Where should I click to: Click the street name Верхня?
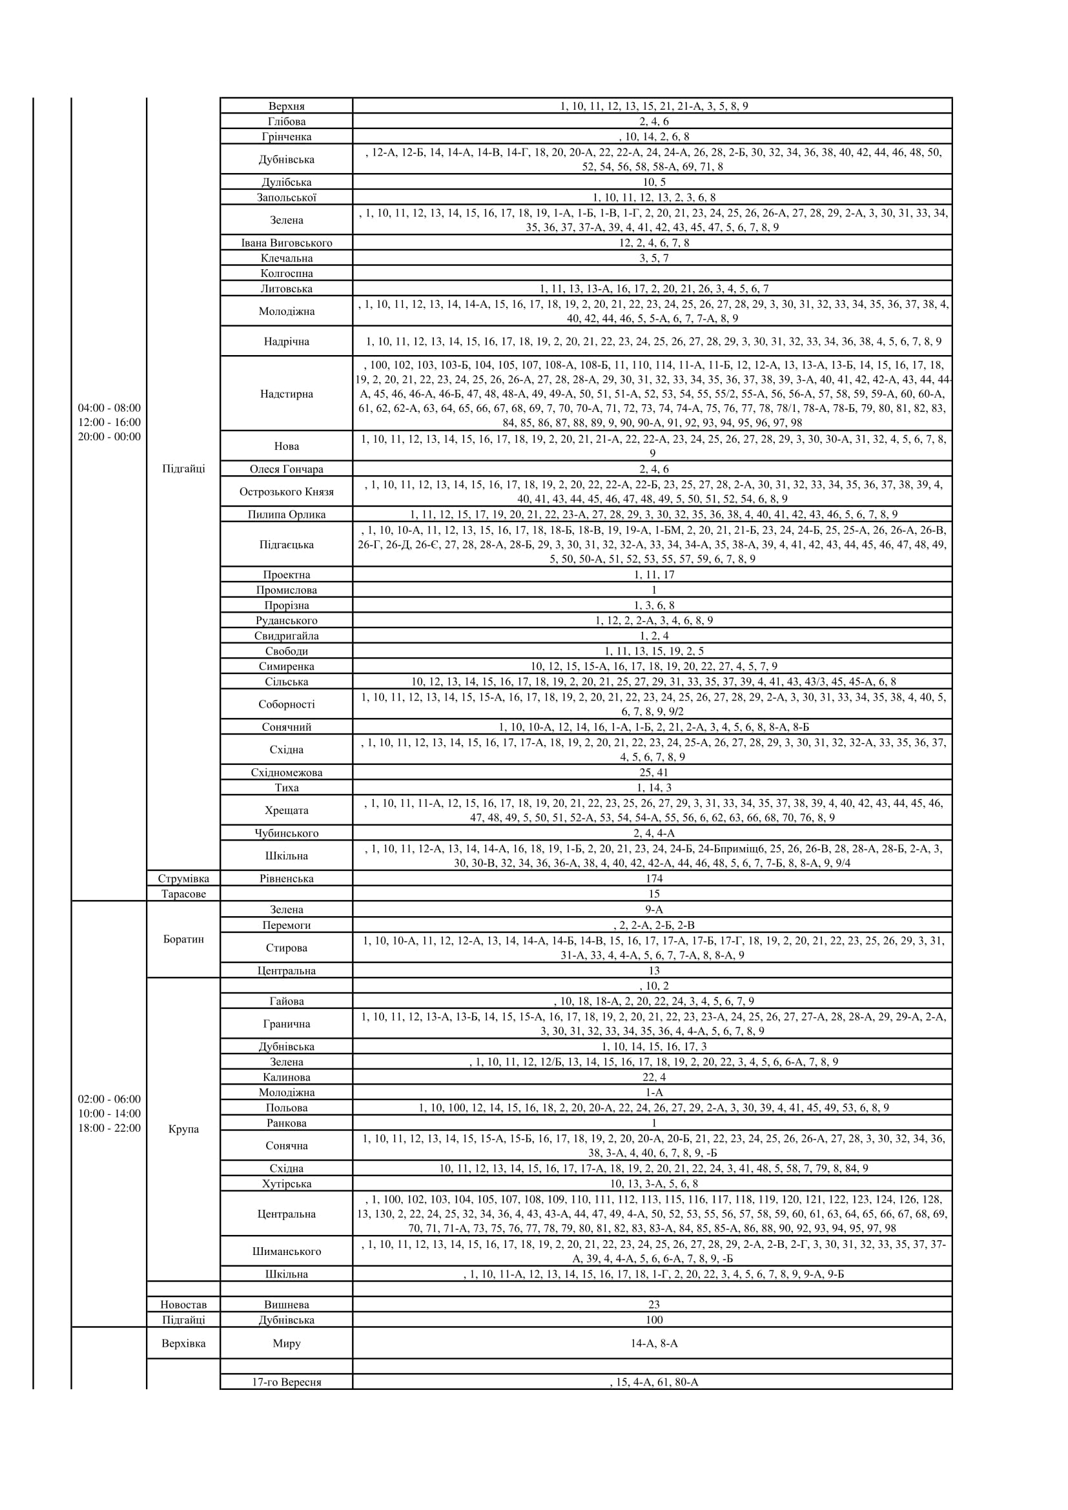(286, 106)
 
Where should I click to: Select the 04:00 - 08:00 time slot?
(109, 408)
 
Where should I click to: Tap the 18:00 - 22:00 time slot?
(109, 1128)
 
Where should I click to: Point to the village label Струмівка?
(183, 879)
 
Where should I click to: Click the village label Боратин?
(183, 939)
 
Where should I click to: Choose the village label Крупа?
(183, 1129)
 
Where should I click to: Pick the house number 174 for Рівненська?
(653, 879)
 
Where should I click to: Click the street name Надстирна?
(286, 394)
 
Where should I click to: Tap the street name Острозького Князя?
(286, 492)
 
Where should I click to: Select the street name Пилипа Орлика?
(286, 515)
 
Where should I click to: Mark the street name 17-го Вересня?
(286, 1382)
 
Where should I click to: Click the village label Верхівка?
(183, 1343)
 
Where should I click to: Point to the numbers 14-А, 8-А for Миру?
(653, 1343)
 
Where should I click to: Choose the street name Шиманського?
(286, 1251)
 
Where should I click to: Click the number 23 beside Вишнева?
(653, 1305)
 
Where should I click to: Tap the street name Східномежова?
(286, 773)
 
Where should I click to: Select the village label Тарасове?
(183, 893)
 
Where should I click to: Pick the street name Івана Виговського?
(286, 243)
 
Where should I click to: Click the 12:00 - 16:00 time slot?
(109, 422)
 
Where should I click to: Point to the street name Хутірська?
(286, 1184)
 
